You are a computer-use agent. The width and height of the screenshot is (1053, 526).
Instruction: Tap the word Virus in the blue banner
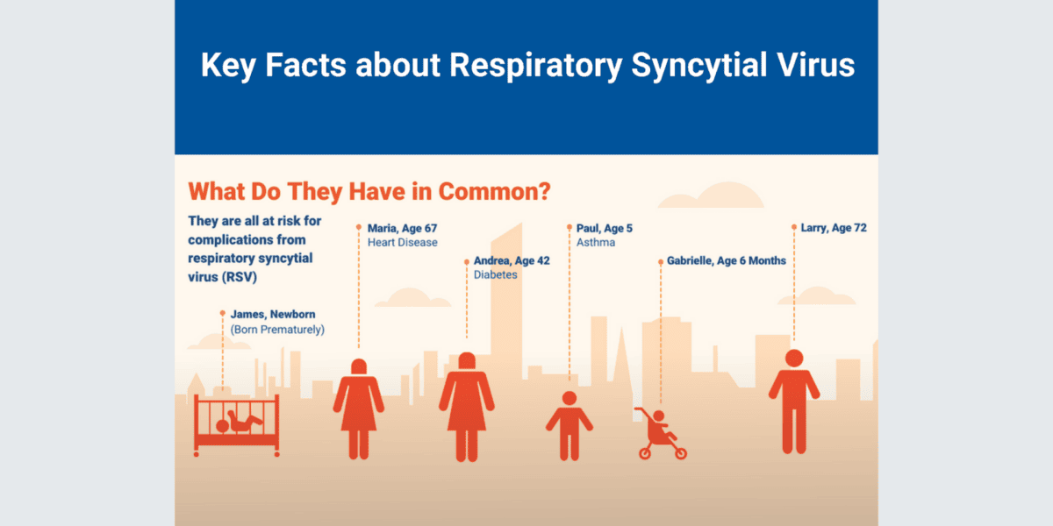coord(817,66)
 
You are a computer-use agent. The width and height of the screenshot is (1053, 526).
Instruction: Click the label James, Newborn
coord(273,314)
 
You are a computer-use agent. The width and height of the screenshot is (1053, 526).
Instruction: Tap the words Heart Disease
coord(403,243)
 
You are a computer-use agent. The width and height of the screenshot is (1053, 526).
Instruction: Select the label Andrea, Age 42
coord(512,260)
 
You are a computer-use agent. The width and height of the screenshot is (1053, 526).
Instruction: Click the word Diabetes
coord(496,275)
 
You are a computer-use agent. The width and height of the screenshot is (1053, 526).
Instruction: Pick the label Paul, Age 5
coord(605,228)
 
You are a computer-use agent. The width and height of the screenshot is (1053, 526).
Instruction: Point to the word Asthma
coord(596,243)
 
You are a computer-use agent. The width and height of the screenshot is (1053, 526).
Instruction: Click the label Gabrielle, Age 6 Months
coord(727,260)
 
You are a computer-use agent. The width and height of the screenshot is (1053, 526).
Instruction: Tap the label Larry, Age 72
coord(834,228)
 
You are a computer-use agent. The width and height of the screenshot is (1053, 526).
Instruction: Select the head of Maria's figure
coord(358,366)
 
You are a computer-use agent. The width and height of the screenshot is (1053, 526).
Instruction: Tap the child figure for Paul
coord(569,424)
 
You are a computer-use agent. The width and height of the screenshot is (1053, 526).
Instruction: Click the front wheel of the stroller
coord(680,453)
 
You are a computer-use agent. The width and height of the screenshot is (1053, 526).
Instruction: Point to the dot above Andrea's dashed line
coord(466,260)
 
